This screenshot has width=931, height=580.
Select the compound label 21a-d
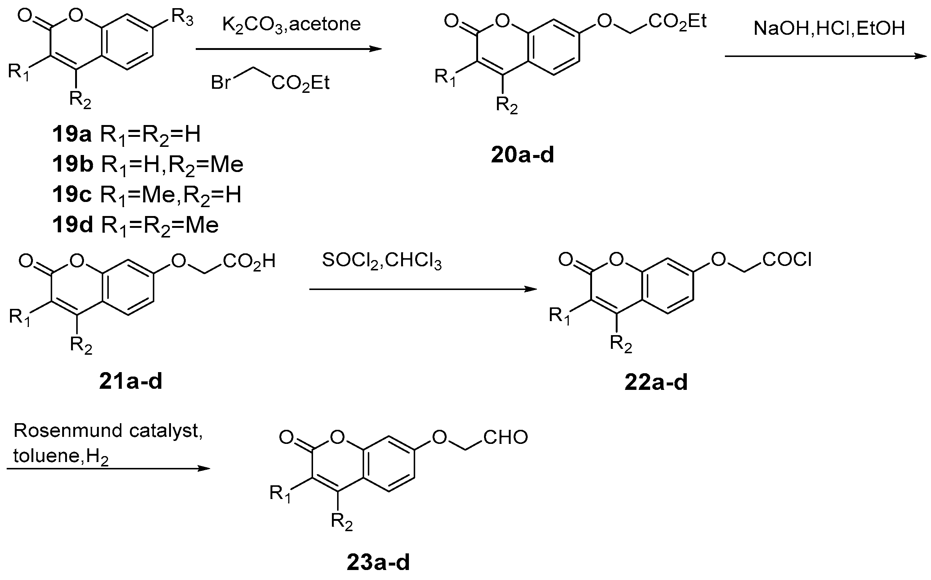pos(131,382)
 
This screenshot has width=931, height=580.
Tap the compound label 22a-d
pos(656,383)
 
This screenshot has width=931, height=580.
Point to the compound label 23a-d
pos(379,562)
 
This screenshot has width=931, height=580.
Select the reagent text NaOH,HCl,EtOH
pos(829,28)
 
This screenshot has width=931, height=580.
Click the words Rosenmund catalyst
pos(108,431)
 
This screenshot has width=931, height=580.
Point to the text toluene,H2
pos(61,456)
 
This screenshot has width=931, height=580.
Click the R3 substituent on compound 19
pos(182,18)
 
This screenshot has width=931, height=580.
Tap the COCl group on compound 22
pos(787,260)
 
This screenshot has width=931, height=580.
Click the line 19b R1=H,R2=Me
pos(148,165)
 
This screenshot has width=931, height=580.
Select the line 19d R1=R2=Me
pos(135,225)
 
